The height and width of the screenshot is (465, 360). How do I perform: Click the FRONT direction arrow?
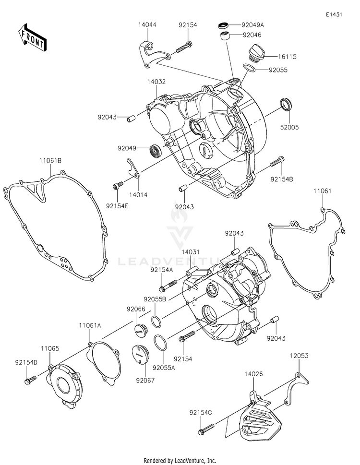[x=32, y=36]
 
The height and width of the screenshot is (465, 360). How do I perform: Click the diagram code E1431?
[x=334, y=15]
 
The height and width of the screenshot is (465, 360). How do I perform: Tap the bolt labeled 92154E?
[x=116, y=186]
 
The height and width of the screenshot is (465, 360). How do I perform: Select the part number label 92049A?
[x=253, y=24]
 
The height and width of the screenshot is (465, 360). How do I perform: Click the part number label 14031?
[x=191, y=251]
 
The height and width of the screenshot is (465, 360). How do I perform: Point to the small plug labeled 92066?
[x=139, y=329]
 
